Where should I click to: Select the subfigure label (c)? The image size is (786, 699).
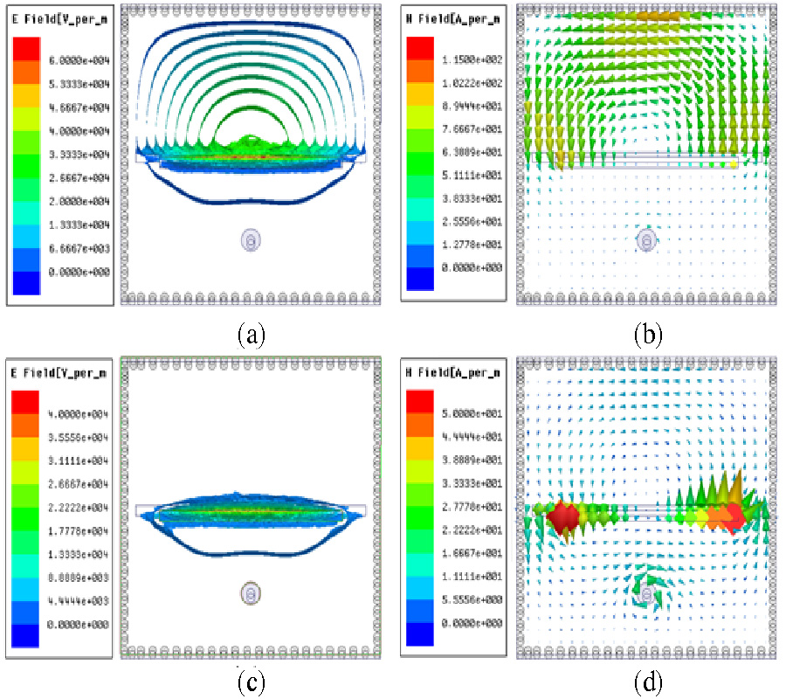point(251,680)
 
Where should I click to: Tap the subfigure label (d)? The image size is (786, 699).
point(647,680)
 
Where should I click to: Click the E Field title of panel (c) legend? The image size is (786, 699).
point(60,373)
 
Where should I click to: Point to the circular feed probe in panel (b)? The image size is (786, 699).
point(646,239)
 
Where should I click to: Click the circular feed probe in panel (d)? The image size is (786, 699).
point(647,595)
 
